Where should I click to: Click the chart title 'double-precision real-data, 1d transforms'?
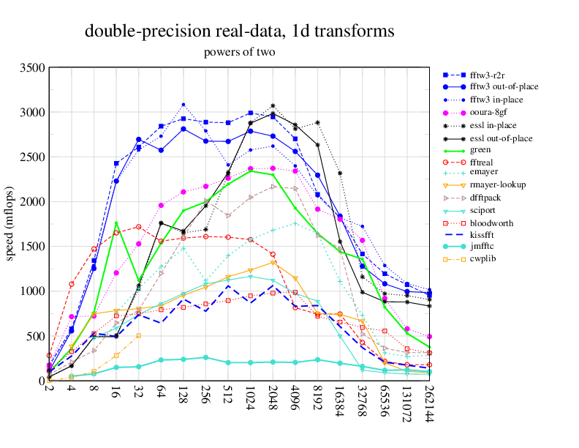240,31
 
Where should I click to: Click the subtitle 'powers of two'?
240,52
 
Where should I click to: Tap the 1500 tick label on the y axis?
32,247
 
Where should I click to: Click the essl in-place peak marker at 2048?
273,106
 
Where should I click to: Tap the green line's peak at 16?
116,223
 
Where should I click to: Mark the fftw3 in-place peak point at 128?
183,105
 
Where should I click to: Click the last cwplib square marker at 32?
139,335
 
